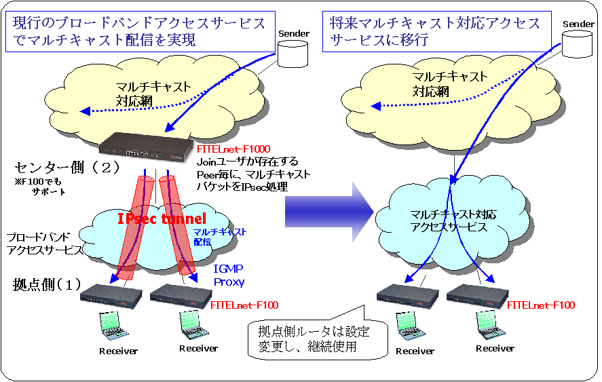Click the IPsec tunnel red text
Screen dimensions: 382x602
(160, 219)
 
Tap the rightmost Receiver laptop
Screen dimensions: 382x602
(489, 325)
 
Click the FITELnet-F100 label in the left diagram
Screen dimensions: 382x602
(244, 305)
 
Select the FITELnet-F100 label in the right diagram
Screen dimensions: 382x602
(540, 305)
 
